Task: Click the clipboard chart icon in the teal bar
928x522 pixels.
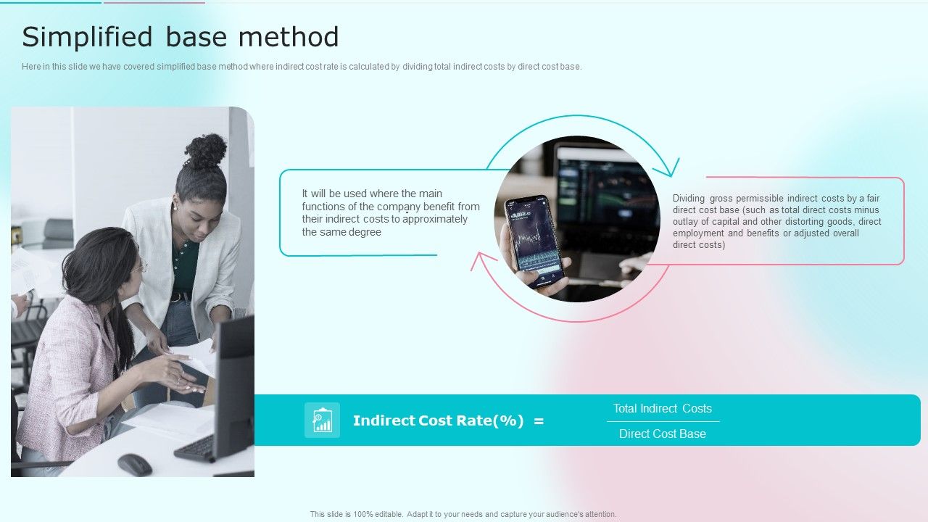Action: [x=322, y=420]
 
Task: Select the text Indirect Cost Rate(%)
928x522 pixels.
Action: [x=438, y=420]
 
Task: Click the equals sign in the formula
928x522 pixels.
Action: [x=539, y=420]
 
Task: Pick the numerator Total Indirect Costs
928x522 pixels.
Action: [x=663, y=408]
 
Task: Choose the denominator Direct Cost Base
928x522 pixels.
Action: [x=663, y=434]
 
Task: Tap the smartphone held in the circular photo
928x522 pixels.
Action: [x=536, y=239]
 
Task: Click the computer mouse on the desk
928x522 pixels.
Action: [x=135, y=465]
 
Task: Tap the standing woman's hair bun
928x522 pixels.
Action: [x=207, y=150]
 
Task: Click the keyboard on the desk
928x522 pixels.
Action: [x=194, y=449]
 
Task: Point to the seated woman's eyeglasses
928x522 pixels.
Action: [x=138, y=268]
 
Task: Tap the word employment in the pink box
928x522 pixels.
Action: [x=698, y=233]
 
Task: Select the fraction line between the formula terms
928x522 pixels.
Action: [x=663, y=421]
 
